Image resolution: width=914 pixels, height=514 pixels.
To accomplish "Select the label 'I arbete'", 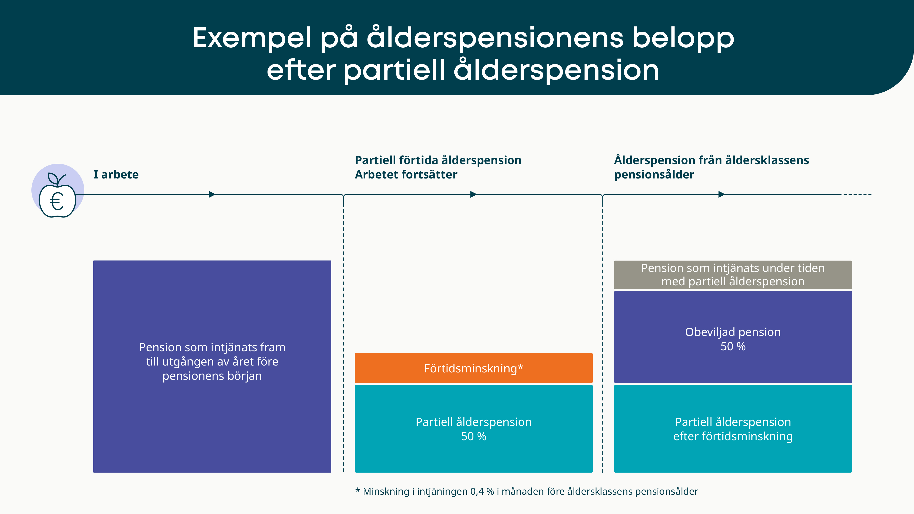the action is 116,174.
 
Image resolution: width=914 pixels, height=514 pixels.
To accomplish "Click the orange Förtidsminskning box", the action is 474,368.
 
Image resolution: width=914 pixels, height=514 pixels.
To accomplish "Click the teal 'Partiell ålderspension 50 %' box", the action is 474,429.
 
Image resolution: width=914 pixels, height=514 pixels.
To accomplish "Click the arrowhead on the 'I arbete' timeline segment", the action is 212,194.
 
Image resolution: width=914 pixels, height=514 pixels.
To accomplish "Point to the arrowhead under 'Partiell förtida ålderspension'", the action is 474,194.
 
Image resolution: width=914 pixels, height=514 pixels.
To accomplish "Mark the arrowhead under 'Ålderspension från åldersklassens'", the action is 722,194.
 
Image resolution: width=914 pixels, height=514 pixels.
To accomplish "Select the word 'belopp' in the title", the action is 683,39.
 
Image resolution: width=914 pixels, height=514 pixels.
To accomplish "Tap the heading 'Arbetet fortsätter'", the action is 406,174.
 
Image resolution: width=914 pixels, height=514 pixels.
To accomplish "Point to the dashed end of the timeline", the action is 857,194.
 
